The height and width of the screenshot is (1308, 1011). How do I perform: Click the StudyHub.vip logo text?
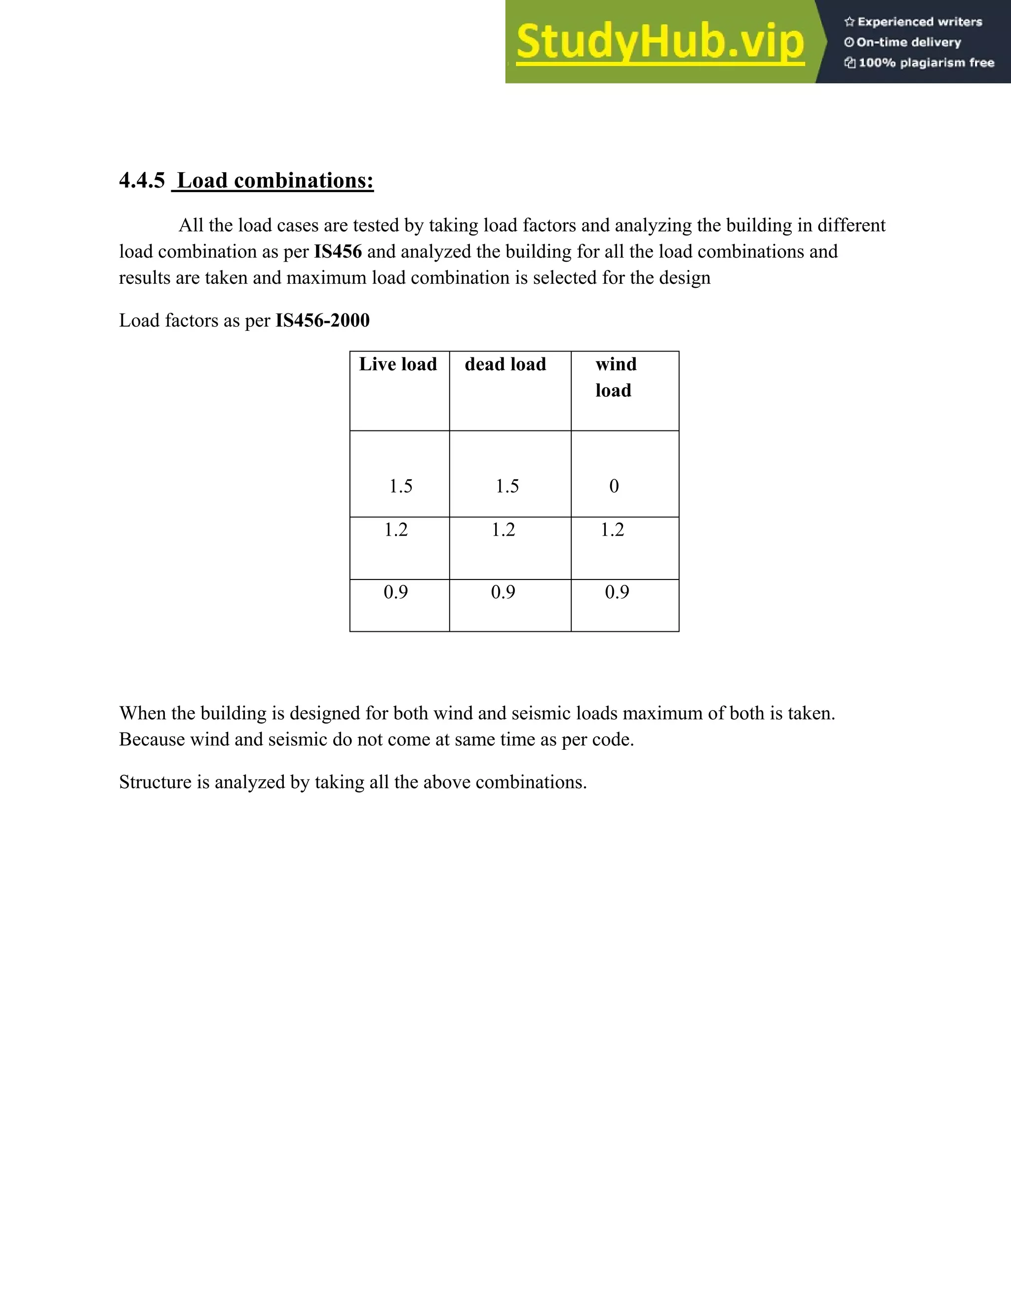click(x=660, y=42)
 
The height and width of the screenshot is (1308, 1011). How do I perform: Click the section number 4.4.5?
click(x=141, y=180)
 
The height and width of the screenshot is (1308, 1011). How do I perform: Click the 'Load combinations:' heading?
click(x=275, y=180)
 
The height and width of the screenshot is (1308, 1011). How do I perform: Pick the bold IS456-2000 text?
click(x=322, y=320)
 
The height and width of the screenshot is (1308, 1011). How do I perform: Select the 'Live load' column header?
click(x=398, y=364)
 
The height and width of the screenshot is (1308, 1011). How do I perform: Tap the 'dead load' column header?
click(x=505, y=364)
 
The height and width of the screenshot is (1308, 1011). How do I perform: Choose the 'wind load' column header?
click(x=615, y=377)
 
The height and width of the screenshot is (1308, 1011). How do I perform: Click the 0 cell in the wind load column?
click(x=614, y=486)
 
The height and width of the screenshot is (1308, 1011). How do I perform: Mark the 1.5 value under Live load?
click(x=401, y=486)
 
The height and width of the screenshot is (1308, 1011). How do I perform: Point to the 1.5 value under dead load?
click(x=506, y=486)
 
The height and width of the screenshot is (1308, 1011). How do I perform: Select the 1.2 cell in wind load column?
click(x=612, y=530)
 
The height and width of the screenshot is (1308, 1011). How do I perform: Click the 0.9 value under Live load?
click(x=395, y=592)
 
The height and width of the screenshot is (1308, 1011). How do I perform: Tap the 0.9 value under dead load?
click(x=503, y=592)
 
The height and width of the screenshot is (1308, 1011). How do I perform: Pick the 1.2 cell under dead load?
click(x=503, y=530)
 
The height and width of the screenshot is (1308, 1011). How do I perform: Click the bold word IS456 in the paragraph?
click(x=338, y=252)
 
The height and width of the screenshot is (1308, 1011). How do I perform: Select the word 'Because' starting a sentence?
click(x=152, y=739)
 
